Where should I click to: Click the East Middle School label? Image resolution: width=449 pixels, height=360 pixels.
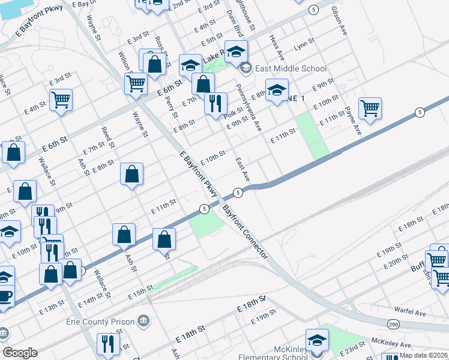point(291,69)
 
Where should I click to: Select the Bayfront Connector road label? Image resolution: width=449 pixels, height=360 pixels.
point(245,233)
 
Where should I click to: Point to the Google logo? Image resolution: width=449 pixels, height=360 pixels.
point(20,353)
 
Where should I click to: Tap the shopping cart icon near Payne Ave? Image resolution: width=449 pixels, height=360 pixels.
point(370,108)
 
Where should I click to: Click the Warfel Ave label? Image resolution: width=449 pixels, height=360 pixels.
point(410,313)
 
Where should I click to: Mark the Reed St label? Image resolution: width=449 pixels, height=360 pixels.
point(107,136)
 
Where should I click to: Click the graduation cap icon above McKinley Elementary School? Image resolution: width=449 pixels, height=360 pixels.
point(317,340)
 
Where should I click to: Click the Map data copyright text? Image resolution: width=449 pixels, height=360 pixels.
point(424,355)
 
